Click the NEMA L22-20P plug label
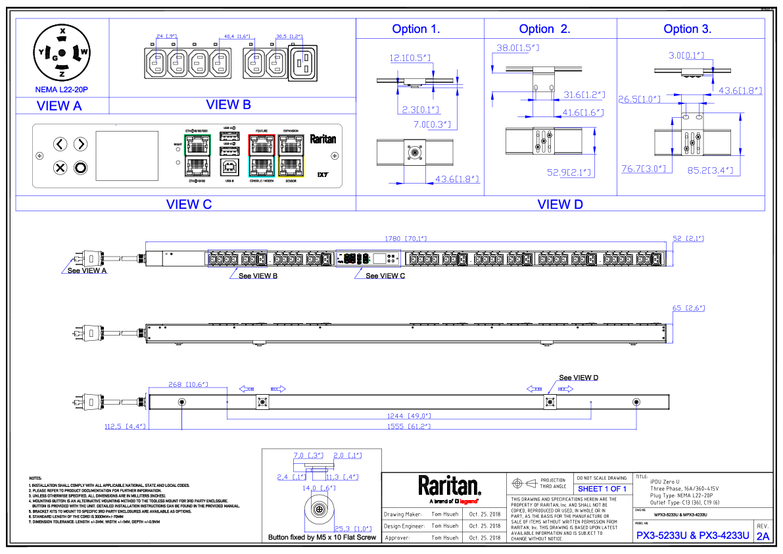61,89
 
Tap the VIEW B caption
228,104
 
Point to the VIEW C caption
189,204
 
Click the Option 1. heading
415,29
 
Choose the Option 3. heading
687,29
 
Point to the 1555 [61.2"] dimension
408,426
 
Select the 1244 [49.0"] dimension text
408,416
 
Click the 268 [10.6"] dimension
188,384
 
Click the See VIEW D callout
579,378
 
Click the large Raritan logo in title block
450,487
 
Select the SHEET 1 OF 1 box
602,489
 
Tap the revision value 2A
763,536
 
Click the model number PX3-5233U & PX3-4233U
693,536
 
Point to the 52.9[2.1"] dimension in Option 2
569,172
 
